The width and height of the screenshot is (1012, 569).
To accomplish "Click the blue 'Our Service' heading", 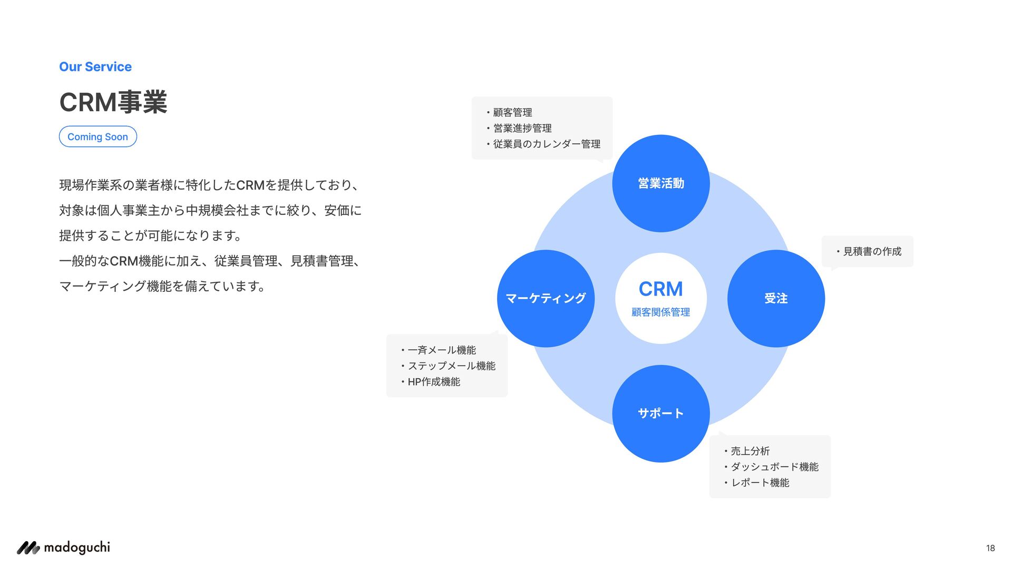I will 95,67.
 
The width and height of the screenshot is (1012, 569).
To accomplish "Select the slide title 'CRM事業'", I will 113,102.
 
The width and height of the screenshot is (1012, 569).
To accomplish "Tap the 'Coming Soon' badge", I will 98,136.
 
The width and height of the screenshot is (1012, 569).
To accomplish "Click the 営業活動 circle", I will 661,183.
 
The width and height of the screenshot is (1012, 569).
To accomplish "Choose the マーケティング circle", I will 546,298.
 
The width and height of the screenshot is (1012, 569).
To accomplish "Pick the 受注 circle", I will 776,298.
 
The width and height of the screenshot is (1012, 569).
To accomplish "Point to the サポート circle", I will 661,414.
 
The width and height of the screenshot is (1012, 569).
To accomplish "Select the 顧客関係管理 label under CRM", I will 661,312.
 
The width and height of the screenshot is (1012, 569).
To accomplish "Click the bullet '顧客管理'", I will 512,113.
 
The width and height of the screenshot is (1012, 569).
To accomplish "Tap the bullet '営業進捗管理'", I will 522,129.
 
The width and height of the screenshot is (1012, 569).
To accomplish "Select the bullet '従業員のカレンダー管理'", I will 547,144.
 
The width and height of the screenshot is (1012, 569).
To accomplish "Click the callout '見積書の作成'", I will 872,252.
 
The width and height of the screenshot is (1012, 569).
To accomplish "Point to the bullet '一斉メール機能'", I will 442,350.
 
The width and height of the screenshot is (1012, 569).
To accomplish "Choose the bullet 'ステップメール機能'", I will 451,366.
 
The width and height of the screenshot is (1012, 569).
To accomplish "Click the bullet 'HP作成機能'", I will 434,382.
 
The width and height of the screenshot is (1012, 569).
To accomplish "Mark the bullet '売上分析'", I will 750,452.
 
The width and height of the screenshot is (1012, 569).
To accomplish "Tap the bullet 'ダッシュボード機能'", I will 774,467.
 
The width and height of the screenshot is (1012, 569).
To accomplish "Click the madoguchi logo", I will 64,548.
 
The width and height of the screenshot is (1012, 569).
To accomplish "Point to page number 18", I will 990,548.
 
